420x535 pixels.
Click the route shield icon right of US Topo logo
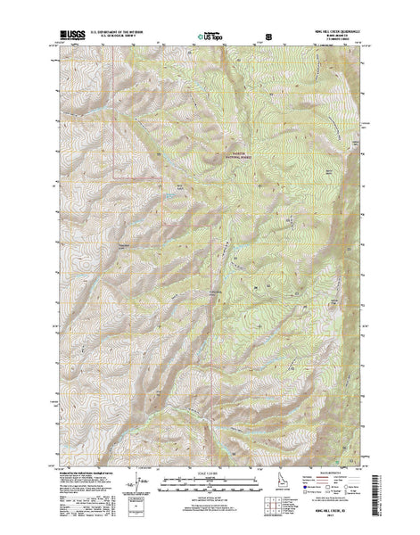[266, 38]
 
